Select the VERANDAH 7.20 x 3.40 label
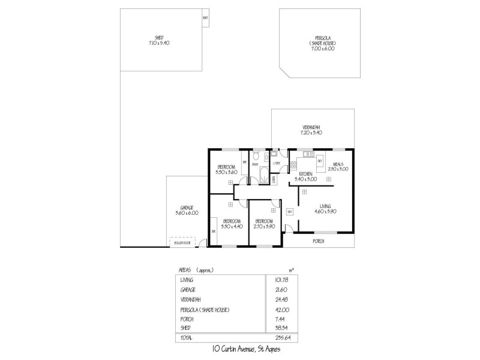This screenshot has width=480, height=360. pyautogui.click(x=311, y=130)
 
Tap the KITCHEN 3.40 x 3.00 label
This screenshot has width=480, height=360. pyautogui.click(x=305, y=176)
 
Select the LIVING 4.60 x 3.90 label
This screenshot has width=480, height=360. pyautogui.click(x=325, y=208)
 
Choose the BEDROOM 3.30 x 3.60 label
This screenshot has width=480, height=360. pyautogui.click(x=227, y=170)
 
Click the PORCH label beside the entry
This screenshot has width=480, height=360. pyautogui.click(x=318, y=241)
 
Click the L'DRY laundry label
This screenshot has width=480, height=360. pyautogui.click(x=277, y=163)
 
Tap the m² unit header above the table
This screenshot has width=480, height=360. pyautogui.click(x=292, y=269)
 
